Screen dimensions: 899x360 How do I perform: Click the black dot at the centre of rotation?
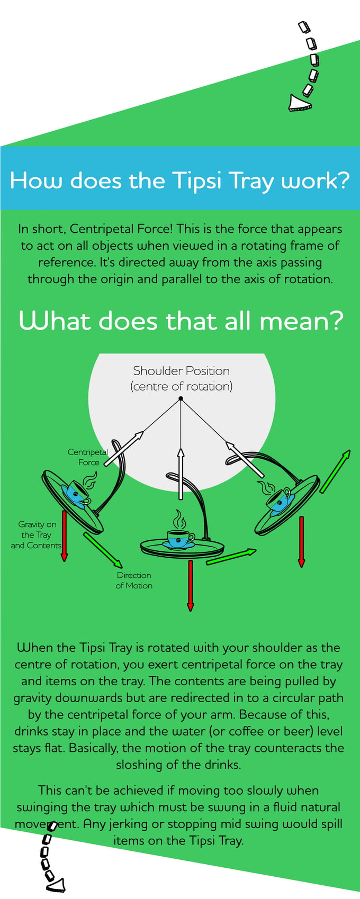tap(181, 398)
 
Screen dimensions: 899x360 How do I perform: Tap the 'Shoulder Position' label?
tap(181, 370)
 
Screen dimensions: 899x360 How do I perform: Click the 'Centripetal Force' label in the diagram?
tap(88, 457)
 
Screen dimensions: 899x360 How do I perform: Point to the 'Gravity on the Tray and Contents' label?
tap(37, 534)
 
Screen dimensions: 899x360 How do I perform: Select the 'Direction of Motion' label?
tap(134, 580)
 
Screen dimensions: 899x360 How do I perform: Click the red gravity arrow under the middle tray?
tap(191, 585)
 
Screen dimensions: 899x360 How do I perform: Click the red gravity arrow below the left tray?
tap(64, 534)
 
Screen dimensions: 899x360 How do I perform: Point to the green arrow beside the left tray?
tap(103, 550)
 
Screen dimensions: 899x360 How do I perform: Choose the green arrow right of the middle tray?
tap(231, 557)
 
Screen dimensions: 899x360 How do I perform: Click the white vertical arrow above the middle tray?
tap(181, 474)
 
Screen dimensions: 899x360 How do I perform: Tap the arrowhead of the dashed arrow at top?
tap(299, 103)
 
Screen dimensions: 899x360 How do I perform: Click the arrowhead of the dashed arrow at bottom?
tap(57, 885)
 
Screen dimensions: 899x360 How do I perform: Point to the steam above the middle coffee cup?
tap(180, 519)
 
